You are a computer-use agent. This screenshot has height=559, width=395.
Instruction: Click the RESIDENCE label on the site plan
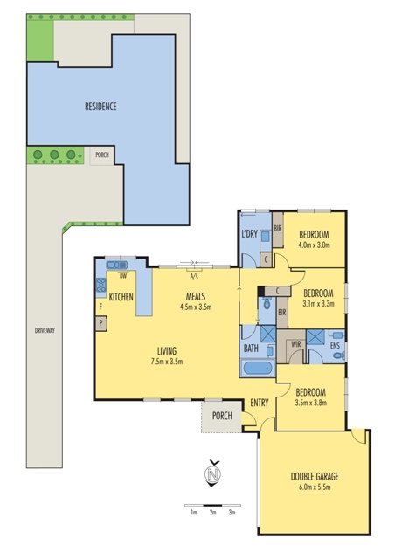[100, 107]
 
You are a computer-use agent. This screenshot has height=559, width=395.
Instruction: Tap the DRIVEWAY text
[45, 330]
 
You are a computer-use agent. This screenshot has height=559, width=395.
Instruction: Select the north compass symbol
[213, 473]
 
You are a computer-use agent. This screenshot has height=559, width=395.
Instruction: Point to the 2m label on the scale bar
[212, 513]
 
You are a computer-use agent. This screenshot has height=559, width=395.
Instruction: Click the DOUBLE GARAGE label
[315, 477]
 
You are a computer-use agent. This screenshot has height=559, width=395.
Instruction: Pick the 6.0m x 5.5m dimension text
[315, 487]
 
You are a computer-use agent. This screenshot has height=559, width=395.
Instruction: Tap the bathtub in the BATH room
[258, 368]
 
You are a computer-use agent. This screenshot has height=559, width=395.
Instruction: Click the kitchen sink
[117, 265]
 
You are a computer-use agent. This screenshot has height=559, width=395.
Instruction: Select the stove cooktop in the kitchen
[101, 286]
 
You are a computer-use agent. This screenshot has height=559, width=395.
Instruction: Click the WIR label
[295, 344]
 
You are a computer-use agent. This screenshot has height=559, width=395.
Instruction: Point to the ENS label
[335, 346]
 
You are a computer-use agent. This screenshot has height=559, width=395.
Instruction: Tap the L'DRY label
[249, 234]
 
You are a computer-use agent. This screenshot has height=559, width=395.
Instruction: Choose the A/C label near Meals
[194, 276]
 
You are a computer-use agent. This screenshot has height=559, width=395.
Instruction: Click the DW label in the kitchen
[123, 276]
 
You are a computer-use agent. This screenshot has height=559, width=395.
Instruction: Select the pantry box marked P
[101, 324]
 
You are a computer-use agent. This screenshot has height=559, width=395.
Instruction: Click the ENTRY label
[260, 403]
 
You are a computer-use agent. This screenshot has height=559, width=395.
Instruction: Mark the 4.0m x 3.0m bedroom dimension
[314, 245]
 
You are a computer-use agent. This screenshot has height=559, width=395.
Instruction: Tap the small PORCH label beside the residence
[102, 155]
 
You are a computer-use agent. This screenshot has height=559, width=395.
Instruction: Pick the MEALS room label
[196, 296]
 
